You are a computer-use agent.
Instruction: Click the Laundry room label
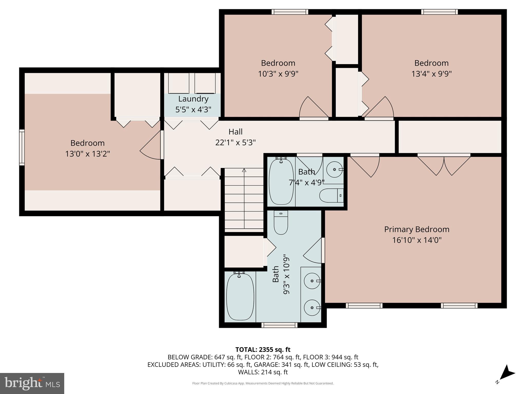(x=193, y=99)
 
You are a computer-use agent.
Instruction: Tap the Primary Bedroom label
(x=417, y=229)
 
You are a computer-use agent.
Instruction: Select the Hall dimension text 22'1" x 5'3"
(x=235, y=142)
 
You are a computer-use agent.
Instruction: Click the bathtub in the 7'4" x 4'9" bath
(x=281, y=182)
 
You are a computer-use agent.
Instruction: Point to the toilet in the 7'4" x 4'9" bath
(x=331, y=196)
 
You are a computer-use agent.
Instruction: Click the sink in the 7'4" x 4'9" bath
(x=334, y=170)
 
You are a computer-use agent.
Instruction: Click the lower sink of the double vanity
(x=312, y=308)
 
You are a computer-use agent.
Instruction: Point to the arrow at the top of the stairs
(x=244, y=170)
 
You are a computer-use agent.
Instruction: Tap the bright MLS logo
(x=32, y=383)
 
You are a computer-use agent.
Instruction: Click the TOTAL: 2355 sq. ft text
(x=263, y=350)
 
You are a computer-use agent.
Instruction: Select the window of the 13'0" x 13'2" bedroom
(x=22, y=147)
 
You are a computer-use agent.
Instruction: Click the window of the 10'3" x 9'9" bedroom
(x=290, y=12)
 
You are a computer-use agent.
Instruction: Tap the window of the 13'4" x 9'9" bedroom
(x=439, y=12)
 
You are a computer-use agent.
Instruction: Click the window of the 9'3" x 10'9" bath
(x=279, y=325)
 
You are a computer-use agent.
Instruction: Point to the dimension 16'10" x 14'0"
(x=417, y=240)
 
